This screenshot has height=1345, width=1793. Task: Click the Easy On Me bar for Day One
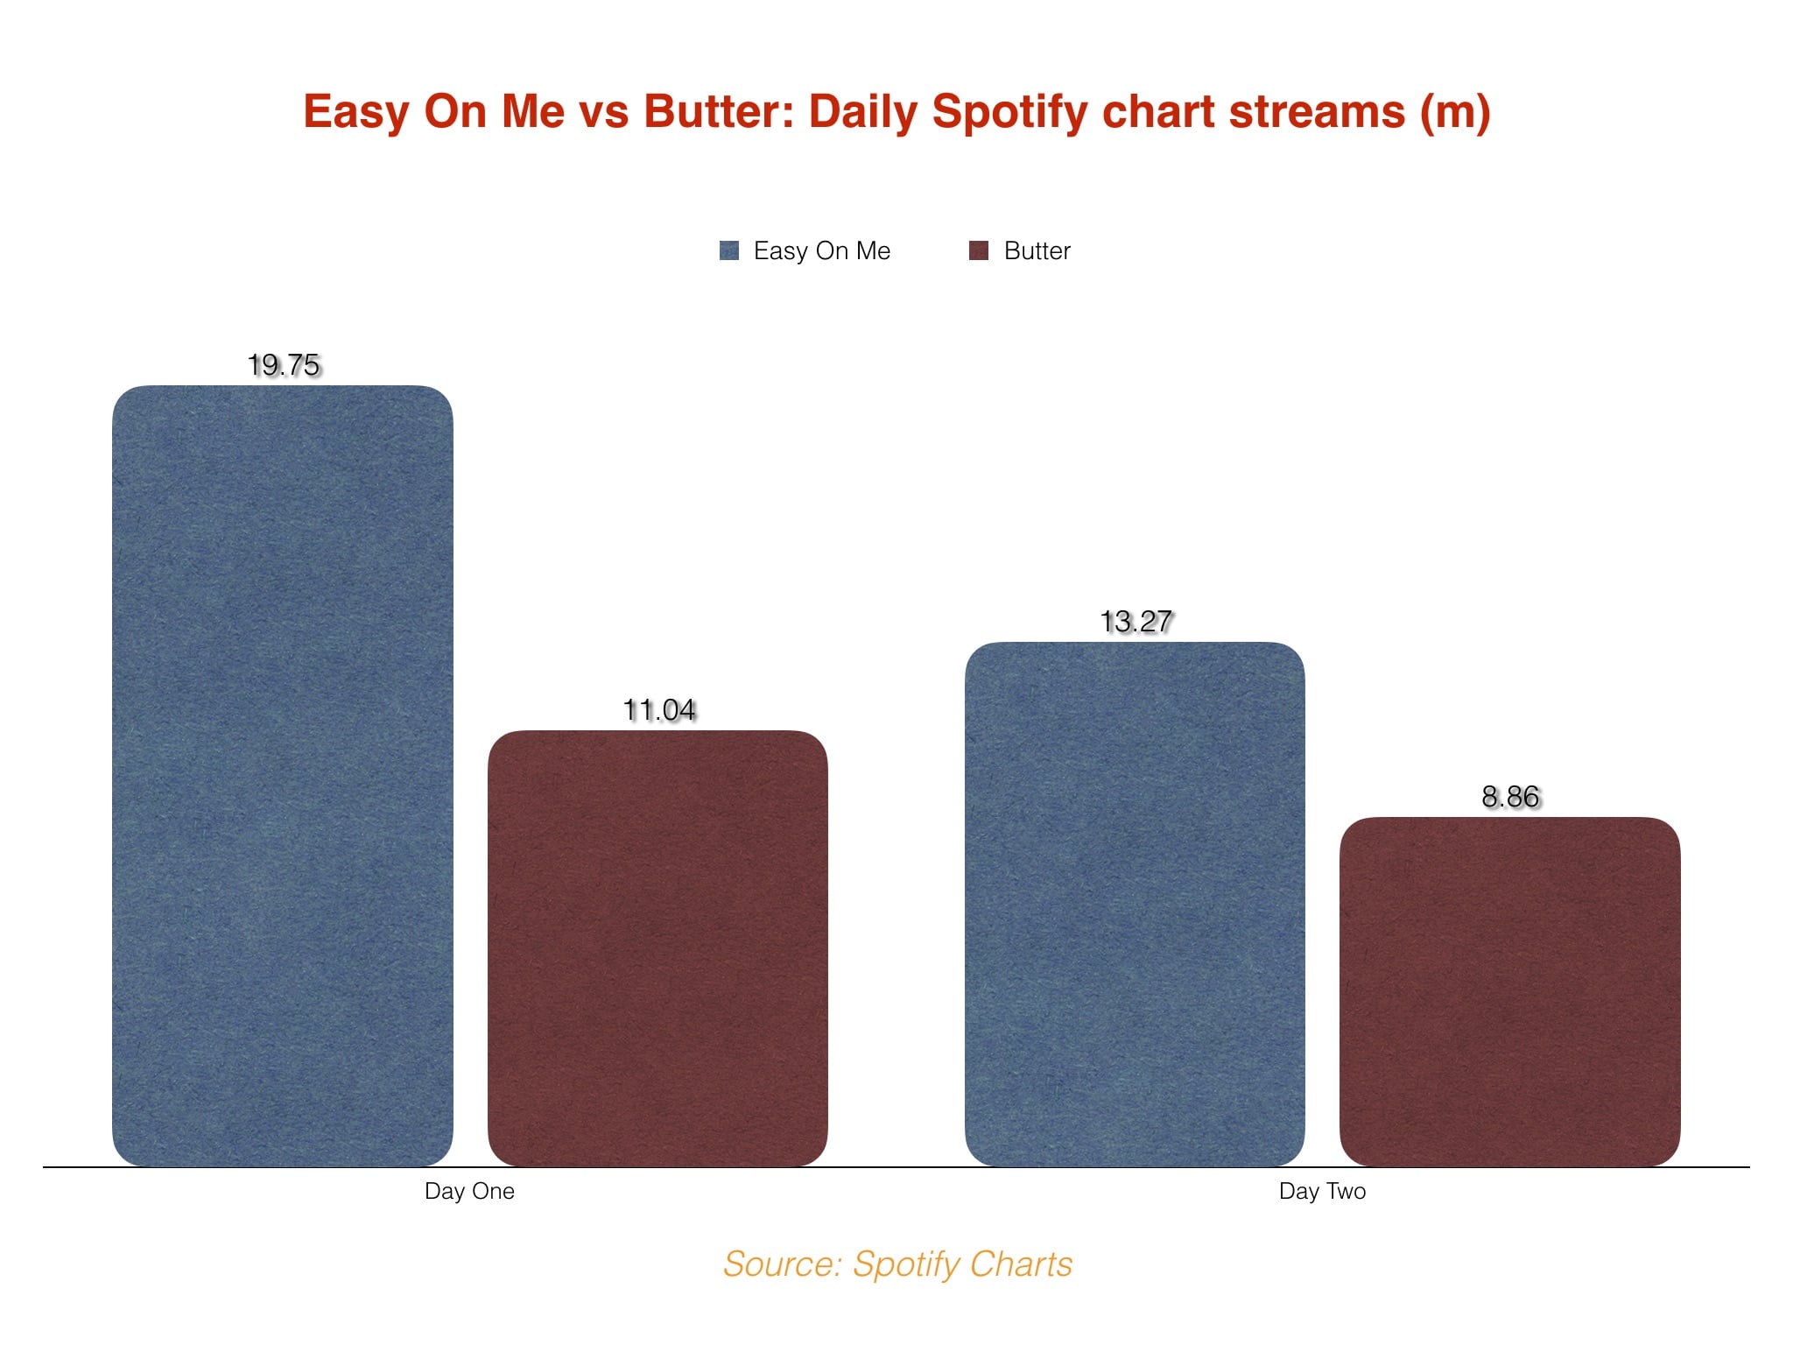click(x=283, y=776)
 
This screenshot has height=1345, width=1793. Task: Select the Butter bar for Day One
click(x=657, y=948)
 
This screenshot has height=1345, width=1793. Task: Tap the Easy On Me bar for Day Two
click(x=1135, y=905)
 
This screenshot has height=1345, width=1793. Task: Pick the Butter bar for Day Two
click(x=1510, y=992)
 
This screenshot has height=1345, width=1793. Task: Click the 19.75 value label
click(x=284, y=364)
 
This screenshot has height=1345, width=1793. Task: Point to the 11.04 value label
click(x=659, y=709)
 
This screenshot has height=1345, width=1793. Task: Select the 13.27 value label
click(x=1136, y=621)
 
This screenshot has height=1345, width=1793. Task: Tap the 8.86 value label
click(x=1510, y=796)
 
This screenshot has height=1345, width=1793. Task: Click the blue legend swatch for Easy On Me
click(x=729, y=250)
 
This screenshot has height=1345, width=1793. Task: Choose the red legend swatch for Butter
click(x=979, y=250)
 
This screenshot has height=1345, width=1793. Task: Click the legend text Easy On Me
click(x=822, y=251)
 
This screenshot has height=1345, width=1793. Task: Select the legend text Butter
click(x=1037, y=251)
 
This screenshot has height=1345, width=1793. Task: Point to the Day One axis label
click(x=469, y=1192)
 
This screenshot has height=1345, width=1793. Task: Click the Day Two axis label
click(x=1322, y=1192)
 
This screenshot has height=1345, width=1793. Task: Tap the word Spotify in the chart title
click(x=1009, y=113)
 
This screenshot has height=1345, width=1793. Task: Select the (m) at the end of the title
click(x=1455, y=114)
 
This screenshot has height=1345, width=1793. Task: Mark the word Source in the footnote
click(x=783, y=1264)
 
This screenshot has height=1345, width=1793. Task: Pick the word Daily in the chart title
click(x=862, y=113)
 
